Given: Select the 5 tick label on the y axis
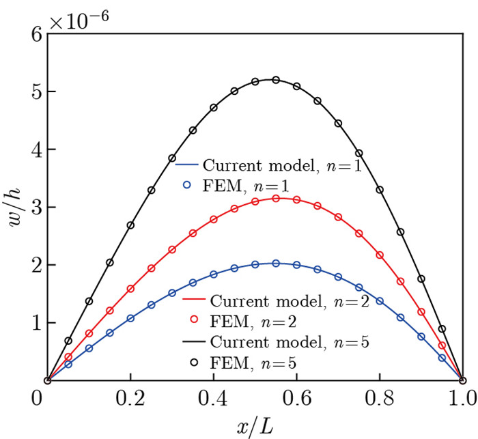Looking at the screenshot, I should coord(29,91).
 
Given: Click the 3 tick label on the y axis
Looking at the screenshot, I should coord(29,207).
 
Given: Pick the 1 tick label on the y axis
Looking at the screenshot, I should coord(29,322).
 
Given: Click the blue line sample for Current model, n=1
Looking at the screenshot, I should coord(187,165).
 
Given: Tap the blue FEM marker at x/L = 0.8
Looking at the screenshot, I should coord(380,300).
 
